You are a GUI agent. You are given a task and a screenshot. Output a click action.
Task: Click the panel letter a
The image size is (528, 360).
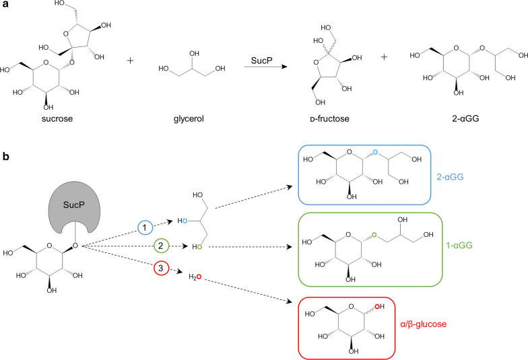[5, 5]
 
